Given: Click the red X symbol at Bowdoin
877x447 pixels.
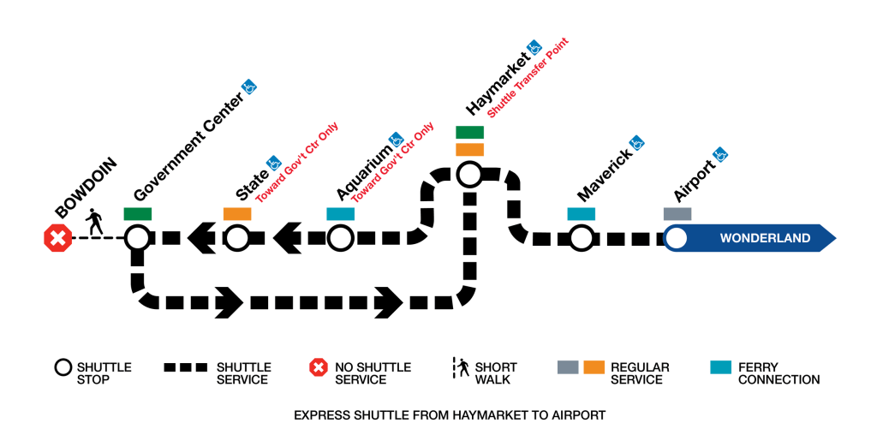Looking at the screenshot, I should [x=57, y=238].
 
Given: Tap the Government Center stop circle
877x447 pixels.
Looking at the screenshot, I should [x=137, y=237].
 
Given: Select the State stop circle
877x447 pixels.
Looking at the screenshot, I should [x=237, y=237].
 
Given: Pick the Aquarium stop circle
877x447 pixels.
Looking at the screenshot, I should [x=340, y=237].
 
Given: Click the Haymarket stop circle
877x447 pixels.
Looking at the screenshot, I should [x=468, y=175].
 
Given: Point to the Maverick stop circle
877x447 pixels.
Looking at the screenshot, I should [x=581, y=237].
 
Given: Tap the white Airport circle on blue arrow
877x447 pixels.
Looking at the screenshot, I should [x=677, y=237].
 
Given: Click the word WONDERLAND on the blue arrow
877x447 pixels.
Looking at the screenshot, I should [x=765, y=238].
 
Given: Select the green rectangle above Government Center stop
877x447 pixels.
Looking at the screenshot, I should [x=137, y=213].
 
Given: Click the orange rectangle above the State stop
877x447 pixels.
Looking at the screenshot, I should [x=237, y=213].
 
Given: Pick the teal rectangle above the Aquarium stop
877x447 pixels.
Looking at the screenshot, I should [x=340, y=213].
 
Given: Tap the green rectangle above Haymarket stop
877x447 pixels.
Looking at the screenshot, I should [x=469, y=133].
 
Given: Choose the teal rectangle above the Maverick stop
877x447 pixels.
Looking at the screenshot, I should [x=581, y=213].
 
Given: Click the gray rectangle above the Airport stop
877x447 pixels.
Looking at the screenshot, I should [x=677, y=213].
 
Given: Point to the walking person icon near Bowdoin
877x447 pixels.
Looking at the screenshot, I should [x=95, y=223].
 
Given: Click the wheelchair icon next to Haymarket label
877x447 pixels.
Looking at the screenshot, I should [x=534, y=47].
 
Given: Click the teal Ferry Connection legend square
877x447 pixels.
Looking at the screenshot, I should [x=721, y=367].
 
